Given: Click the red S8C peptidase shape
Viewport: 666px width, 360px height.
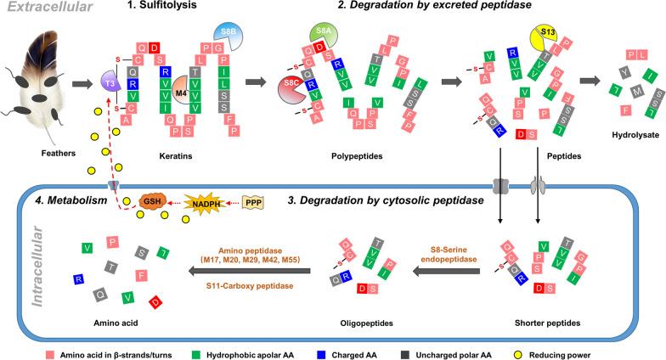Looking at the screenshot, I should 290,86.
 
